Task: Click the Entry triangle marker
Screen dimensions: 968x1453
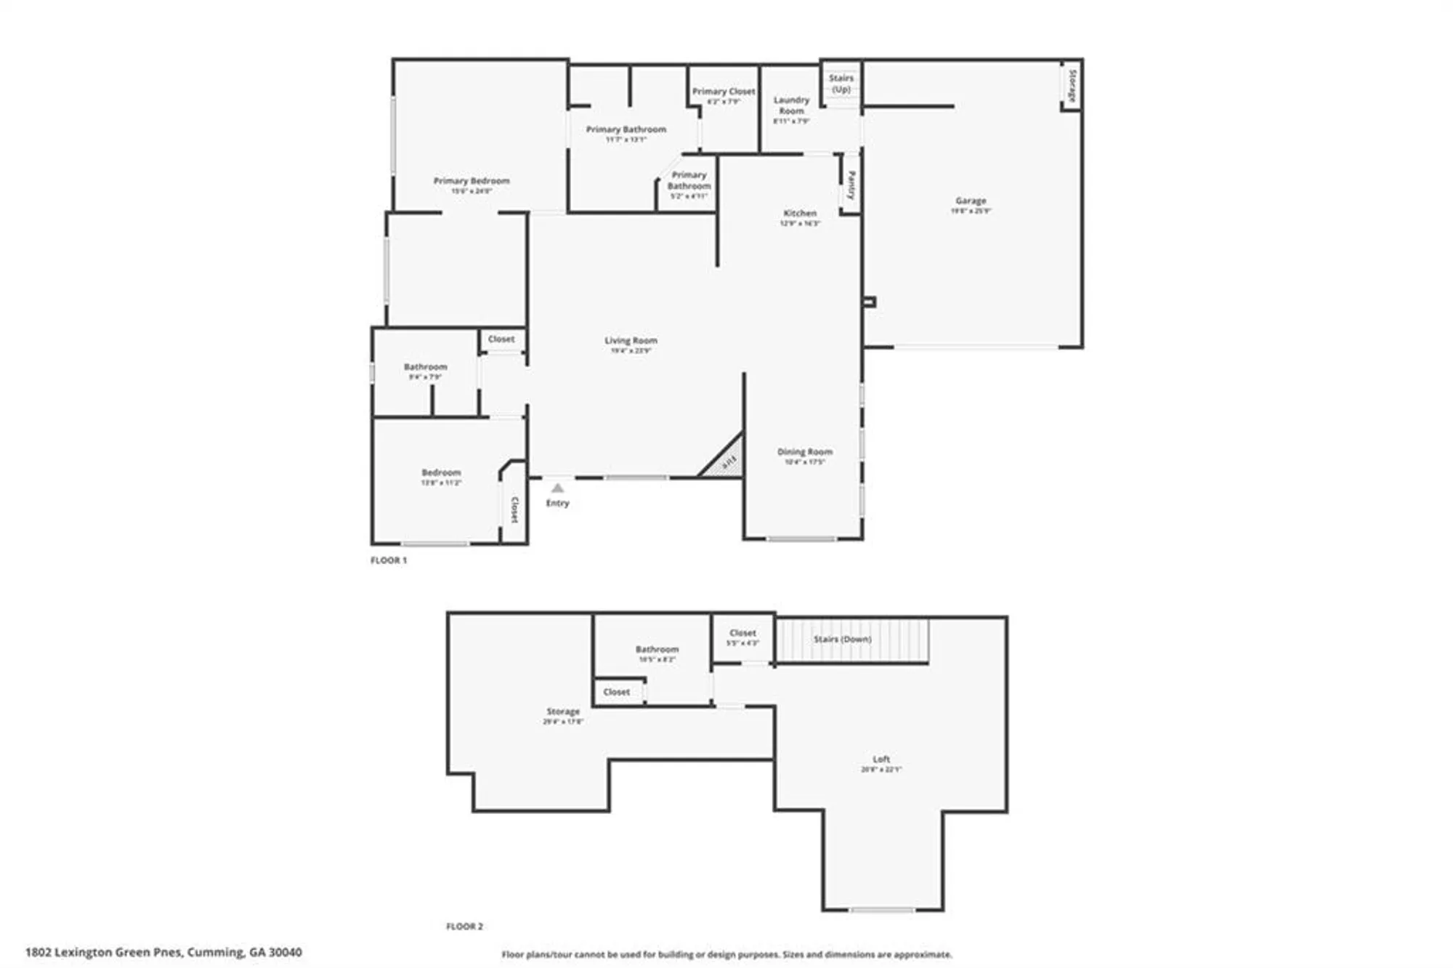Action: [x=557, y=488]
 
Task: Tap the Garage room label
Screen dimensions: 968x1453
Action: [x=971, y=201]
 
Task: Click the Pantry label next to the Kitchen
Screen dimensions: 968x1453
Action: [x=851, y=185]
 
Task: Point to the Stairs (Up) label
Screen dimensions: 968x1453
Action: [x=841, y=84]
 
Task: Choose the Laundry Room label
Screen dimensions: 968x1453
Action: [x=791, y=106]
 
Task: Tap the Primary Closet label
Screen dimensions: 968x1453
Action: [x=724, y=92]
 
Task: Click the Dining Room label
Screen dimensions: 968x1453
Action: [x=804, y=452]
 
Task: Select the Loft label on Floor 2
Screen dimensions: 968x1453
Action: [x=881, y=759]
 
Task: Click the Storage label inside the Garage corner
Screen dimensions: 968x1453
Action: [x=1072, y=85]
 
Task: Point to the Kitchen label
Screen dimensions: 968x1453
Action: [x=800, y=214]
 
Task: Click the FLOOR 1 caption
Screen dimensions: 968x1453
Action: [x=389, y=560]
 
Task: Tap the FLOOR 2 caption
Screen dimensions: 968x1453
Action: [x=464, y=927]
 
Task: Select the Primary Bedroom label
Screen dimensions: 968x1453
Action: [x=471, y=181]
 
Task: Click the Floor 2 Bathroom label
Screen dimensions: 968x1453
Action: [x=657, y=650]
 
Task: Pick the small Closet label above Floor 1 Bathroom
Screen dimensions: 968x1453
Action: [x=501, y=339]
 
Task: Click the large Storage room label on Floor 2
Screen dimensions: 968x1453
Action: [x=563, y=712]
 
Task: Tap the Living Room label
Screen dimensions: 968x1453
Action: [x=631, y=341]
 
